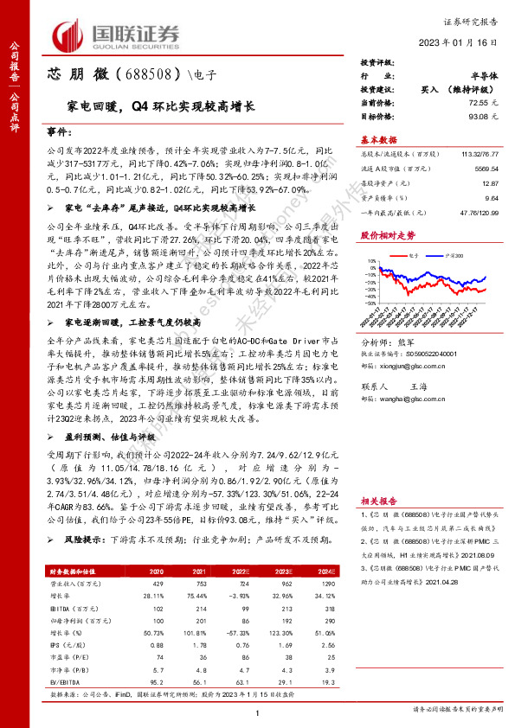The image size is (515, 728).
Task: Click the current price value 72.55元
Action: (484, 102)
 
